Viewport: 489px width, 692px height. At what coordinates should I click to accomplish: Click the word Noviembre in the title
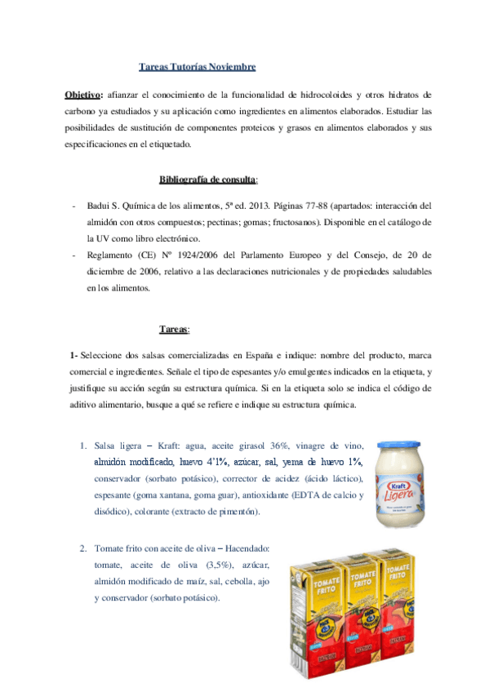tap(232, 66)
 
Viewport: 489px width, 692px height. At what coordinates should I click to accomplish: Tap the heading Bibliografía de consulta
tap(208, 179)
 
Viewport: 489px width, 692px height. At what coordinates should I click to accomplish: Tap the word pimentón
tap(241, 512)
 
